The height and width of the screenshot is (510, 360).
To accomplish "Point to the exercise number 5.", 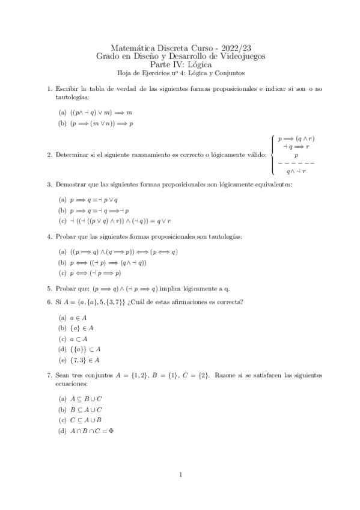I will tap(49, 288).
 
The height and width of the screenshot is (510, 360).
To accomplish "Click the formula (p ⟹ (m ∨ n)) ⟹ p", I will tap(101, 123).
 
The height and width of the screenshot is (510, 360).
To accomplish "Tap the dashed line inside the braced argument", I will tap(294, 163).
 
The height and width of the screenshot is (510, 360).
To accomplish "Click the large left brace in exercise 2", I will tap(274, 155).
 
